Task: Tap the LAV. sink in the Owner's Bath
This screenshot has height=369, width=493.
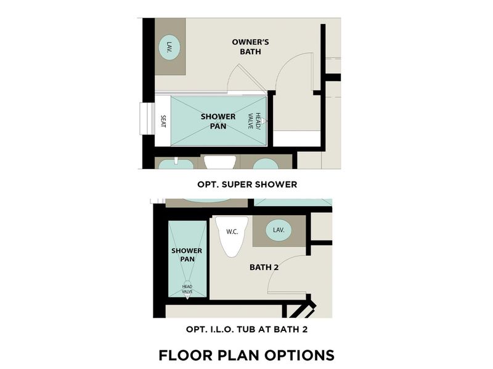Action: tap(169, 47)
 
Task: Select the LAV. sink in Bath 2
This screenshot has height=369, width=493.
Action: tap(279, 230)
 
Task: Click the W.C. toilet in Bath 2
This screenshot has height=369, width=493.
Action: tap(232, 234)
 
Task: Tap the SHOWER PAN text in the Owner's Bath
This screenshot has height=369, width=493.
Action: tap(218, 121)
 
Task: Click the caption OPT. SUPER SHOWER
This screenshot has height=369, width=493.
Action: tap(246, 184)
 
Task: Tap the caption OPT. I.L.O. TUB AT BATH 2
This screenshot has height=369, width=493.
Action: tap(246, 330)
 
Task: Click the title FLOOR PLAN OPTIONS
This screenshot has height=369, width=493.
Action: tap(246, 355)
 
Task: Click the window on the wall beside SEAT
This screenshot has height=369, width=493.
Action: tap(147, 118)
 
